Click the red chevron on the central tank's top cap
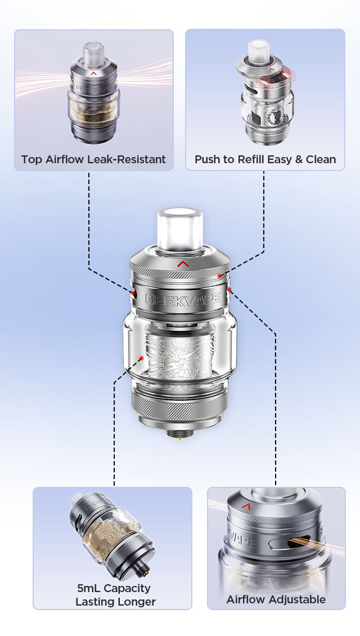pyautogui.click(x=183, y=264)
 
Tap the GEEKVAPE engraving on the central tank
pyautogui.click(x=183, y=299)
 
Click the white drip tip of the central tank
pyautogui.click(x=179, y=231)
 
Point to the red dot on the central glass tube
pyautogui.click(x=141, y=358)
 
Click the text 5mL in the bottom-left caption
pyautogui.click(x=89, y=588)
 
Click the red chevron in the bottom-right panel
pyautogui.click(x=246, y=506)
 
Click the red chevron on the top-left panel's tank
pyautogui.click(x=93, y=73)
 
